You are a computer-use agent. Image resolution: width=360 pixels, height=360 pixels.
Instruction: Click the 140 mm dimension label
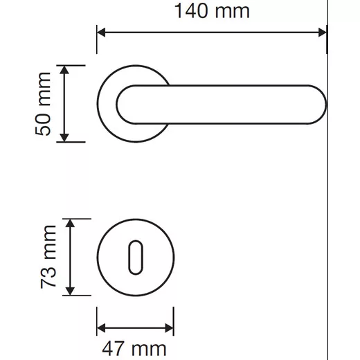tap(212, 11)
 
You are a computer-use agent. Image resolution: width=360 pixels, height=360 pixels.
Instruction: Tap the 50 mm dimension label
tap(43, 104)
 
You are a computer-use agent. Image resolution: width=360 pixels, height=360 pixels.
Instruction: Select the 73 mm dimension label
tap(48, 257)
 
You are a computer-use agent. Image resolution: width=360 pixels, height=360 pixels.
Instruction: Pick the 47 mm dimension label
tap(134, 349)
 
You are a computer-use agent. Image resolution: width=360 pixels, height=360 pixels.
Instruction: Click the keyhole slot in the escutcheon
tap(136, 258)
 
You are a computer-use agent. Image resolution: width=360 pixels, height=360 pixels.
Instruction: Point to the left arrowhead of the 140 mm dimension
tap(101, 33)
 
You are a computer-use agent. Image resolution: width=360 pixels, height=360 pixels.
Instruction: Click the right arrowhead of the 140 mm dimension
tap(323, 33)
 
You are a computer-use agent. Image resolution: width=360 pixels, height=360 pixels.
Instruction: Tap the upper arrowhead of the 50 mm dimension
tap(64, 70)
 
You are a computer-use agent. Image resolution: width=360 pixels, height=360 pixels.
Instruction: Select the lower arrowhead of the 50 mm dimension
tap(64, 138)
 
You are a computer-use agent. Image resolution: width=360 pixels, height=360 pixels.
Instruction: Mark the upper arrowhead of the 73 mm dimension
tap(70, 223)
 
